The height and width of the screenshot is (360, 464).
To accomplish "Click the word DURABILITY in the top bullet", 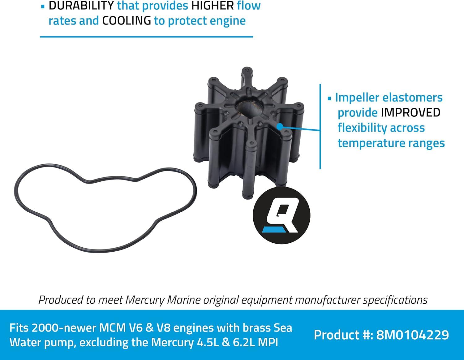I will (x=81, y=6).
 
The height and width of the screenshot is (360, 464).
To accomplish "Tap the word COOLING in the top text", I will (x=127, y=21).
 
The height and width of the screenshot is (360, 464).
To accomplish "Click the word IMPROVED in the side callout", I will (x=410, y=112).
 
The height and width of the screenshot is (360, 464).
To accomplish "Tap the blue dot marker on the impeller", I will (x=280, y=126).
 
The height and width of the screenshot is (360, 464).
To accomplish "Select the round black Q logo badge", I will (x=281, y=215).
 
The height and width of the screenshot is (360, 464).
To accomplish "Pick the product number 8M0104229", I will (x=412, y=335).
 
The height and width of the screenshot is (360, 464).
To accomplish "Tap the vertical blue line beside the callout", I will (x=320, y=127).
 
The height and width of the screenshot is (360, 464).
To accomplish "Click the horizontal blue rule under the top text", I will (x=146, y=37).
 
